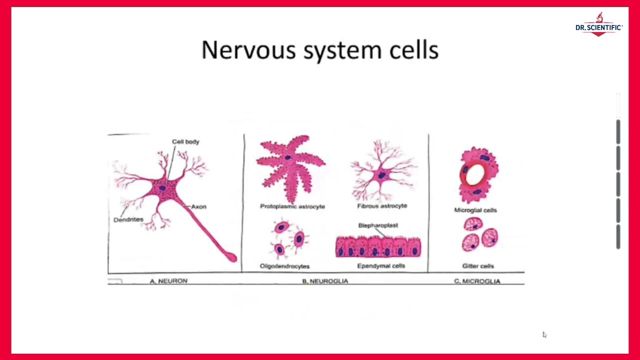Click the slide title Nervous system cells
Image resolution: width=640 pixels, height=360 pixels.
click(320, 50)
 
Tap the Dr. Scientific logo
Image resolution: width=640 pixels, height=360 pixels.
click(598, 25)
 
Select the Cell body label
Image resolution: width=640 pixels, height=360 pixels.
click(185, 142)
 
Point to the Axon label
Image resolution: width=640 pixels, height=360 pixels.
click(198, 206)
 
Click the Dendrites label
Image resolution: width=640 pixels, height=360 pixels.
click(128, 219)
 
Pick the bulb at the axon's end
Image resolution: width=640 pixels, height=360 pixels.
click(231, 257)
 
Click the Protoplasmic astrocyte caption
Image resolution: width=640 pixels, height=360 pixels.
click(292, 206)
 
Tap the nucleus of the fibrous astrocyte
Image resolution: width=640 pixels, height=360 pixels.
click(381, 175)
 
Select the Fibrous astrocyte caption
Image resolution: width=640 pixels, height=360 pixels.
click(382, 205)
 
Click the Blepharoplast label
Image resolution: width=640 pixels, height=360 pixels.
click(378, 225)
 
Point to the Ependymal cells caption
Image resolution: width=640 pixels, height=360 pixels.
click(381, 266)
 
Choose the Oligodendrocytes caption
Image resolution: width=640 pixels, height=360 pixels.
click(284, 266)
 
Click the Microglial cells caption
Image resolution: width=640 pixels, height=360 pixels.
click(475, 210)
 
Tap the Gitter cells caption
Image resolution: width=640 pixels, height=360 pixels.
click(478, 266)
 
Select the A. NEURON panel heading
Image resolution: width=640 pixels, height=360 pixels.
click(168, 281)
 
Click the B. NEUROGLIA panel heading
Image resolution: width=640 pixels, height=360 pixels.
click(325, 281)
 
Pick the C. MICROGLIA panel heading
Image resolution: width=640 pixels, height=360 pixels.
click(477, 281)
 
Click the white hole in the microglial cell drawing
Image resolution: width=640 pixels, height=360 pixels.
click(475, 173)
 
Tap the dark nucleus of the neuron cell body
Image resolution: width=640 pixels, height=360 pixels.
click(162, 188)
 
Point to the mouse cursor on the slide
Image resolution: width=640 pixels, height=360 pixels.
click(544, 334)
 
